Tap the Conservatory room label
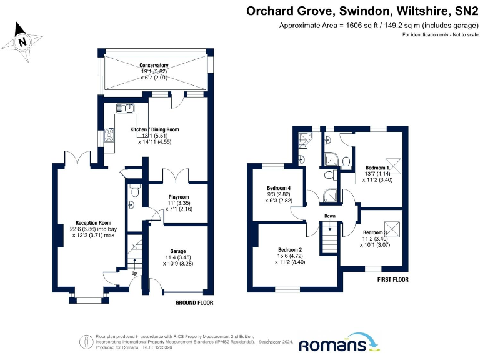tap(154, 65)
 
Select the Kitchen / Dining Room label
tap(154, 129)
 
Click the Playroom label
tap(178, 197)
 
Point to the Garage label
tap(178, 251)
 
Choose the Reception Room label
tap(93, 222)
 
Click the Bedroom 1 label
tap(377, 167)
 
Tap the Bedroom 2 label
tap(290, 249)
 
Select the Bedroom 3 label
tap(377, 232)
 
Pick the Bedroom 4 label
tap(279, 189)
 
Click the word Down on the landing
tap(330, 216)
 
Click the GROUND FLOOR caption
tap(194, 302)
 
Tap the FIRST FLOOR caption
tap(392, 279)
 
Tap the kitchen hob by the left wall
tap(109, 134)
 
